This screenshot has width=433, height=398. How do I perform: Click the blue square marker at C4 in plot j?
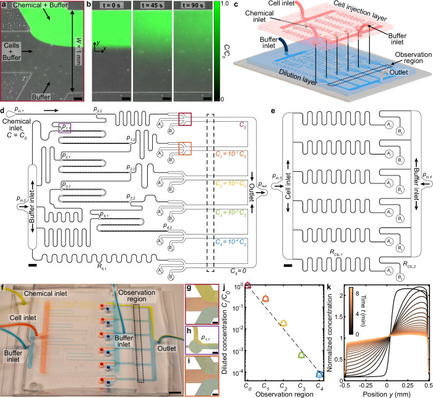[320, 373]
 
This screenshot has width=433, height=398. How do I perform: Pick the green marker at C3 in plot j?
[302, 355]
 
